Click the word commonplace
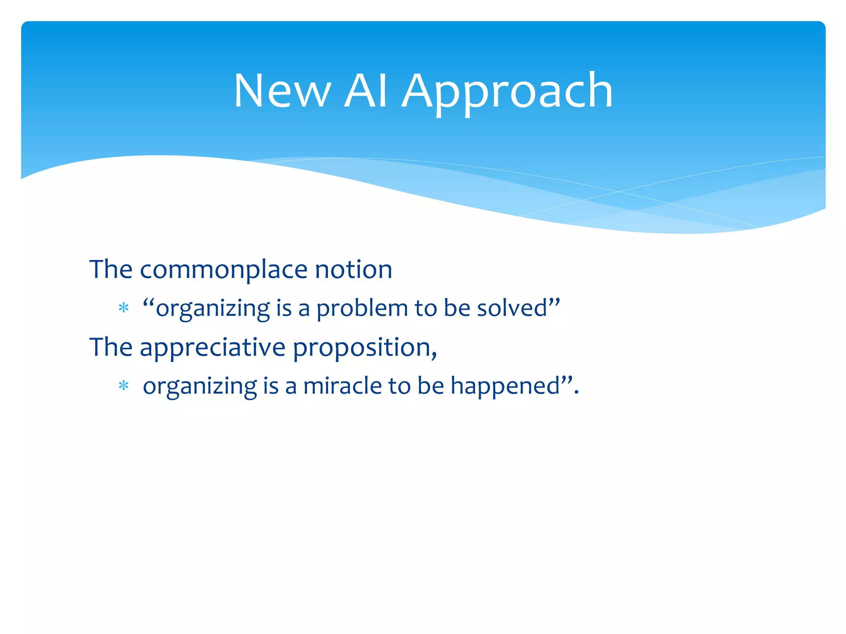[x=224, y=270]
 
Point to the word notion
[x=354, y=270]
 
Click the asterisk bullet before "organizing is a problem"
[x=124, y=308]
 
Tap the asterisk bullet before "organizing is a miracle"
[x=124, y=386]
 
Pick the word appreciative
[x=212, y=348]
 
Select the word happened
[x=505, y=386]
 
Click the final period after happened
[x=576, y=393]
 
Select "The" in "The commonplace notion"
[x=111, y=270]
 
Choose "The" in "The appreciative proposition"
[x=111, y=347]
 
